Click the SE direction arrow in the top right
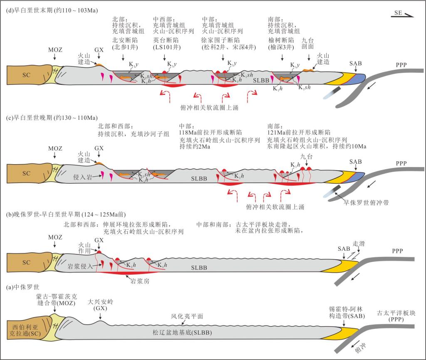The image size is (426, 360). point(403,15)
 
